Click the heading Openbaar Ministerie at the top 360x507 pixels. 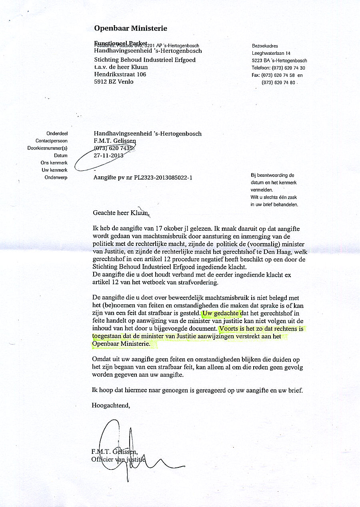pos(130,28)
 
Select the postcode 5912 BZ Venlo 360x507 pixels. pos(114,82)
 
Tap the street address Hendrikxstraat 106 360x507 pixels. pos(120,74)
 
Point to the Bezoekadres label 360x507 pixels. pos(265,46)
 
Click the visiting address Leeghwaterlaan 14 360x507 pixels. pos(271,53)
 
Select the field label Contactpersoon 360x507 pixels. pos(52,141)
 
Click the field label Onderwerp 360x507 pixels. pos(56,178)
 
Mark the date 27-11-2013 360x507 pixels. pos(108,156)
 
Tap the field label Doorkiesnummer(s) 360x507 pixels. pos(47,148)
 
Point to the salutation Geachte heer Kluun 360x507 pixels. pos(120,213)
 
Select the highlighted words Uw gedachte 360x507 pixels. pos(221,313)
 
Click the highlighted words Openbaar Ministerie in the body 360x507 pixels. pos(121,343)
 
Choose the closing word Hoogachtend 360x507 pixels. pos(111,405)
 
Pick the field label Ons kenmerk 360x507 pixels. pos(54,163)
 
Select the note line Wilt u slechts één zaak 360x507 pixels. pos(274,198)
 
